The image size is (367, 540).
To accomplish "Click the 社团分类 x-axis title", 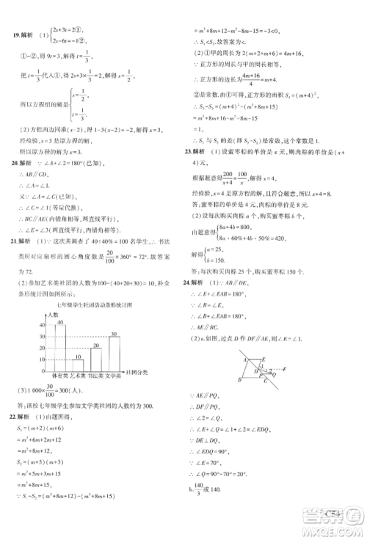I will point(137,372).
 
